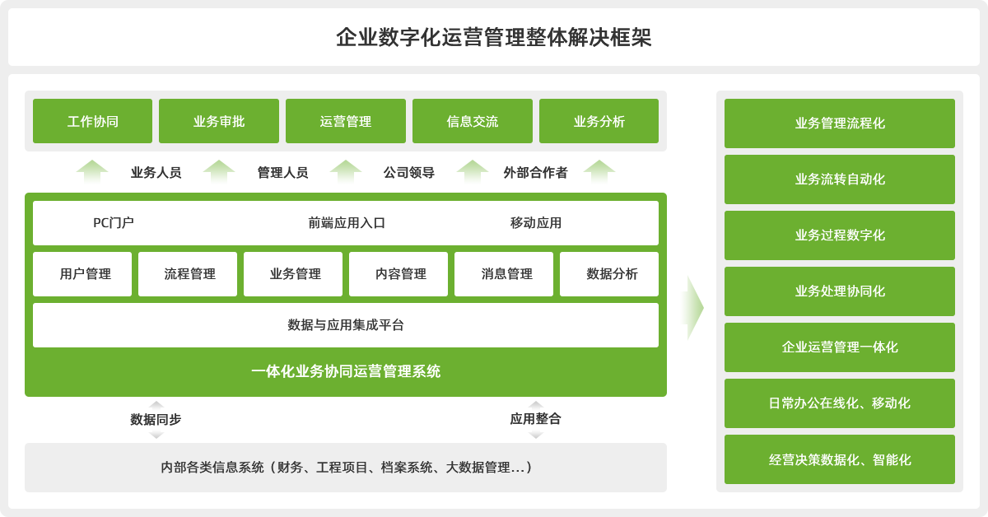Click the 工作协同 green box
pos(92,121)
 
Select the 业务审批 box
pos(219,121)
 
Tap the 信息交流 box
pos(473,121)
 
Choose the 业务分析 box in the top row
pos(599,121)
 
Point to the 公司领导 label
pos(409,173)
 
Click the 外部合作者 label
pos(535,173)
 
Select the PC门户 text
pos(114,223)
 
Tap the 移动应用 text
pos(536,223)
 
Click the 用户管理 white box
pos(82,274)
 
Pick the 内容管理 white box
pos(398,274)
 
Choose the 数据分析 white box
pos(609,274)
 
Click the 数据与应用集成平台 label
pos(346,325)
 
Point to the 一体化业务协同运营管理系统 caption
pos(346,371)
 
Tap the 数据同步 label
pos(156,419)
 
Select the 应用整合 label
pos(535,419)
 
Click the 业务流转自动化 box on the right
pos(839,179)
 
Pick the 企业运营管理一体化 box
pos(839,347)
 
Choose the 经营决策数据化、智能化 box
pos(839,459)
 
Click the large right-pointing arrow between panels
pos(693,308)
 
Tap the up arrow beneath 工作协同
pos(92,171)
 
